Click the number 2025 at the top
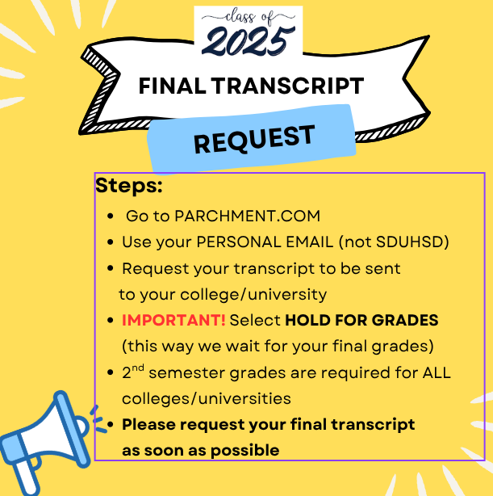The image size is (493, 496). (x=248, y=41)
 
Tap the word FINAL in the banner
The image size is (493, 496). (x=173, y=86)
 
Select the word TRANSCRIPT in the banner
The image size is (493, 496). (x=287, y=86)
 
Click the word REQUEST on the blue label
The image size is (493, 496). (x=254, y=139)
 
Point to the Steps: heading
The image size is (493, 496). (x=129, y=185)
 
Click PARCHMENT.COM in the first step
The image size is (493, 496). (x=248, y=216)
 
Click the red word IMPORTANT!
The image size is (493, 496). (x=173, y=320)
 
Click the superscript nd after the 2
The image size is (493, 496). (x=138, y=368)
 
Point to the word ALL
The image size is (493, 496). (x=437, y=372)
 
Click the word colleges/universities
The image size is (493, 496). (x=207, y=398)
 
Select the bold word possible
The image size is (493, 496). (x=245, y=451)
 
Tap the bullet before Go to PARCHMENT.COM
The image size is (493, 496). (x=111, y=216)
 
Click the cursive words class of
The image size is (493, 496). (x=248, y=16)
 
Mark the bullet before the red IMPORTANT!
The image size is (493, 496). (x=111, y=321)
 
